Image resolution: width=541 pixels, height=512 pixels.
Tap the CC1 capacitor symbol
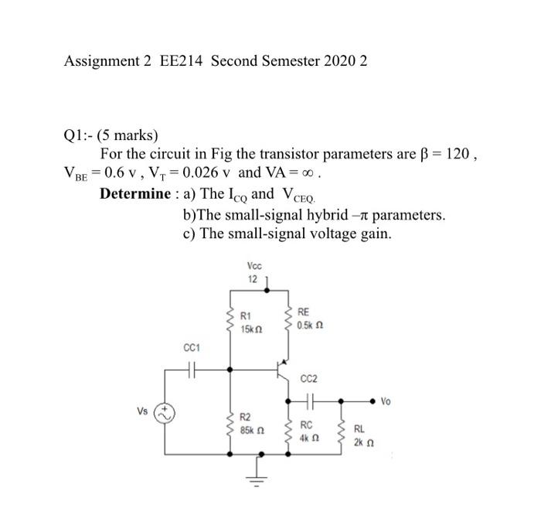(193, 370)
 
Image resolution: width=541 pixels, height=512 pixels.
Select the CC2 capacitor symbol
(313, 401)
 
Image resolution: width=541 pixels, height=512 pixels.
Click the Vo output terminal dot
(373, 401)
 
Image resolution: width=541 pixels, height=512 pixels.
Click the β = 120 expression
(445, 153)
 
